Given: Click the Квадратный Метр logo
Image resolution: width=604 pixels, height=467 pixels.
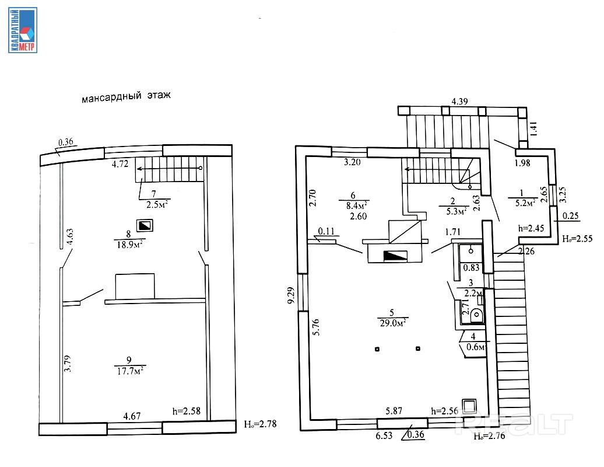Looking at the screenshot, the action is click(x=23, y=30).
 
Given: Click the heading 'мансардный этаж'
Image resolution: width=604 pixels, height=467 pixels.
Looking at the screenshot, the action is click(x=126, y=96).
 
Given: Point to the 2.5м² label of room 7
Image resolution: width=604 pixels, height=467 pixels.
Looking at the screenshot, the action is click(x=158, y=204).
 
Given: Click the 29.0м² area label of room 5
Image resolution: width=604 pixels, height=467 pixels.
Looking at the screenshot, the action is click(x=392, y=322).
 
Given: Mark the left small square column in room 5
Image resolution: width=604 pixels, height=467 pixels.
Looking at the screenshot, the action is click(x=377, y=349).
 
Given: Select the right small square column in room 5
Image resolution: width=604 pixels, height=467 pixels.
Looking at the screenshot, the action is click(x=418, y=349).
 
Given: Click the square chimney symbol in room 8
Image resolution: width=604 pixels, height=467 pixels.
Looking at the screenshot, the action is click(x=143, y=225).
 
